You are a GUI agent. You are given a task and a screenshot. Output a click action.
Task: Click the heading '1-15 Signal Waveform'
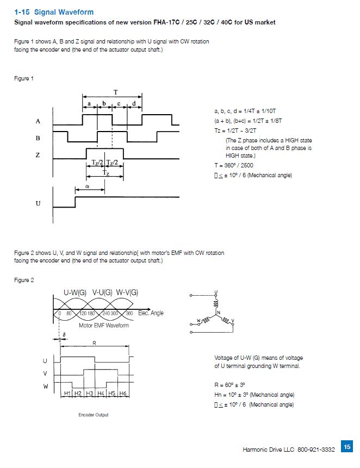point(54,12)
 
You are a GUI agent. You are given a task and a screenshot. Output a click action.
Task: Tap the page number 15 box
point(346,446)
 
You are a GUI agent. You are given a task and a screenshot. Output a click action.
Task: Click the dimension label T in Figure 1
point(115,91)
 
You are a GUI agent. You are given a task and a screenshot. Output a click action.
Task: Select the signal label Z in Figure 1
point(38,155)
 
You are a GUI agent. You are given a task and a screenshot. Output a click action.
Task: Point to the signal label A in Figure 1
point(38,121)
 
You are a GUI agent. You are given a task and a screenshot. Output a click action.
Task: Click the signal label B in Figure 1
point(38,138)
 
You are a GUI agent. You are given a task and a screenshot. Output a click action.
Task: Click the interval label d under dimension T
point(134,103)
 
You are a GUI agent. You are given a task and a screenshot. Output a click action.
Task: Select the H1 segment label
point(67,393)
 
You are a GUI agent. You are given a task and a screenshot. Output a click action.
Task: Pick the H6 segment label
point(123,393)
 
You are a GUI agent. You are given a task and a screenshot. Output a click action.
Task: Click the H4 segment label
point(101,393)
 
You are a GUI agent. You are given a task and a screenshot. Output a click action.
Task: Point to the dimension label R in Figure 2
point(94,343)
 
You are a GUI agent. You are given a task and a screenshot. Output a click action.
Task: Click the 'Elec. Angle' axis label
point(151,313)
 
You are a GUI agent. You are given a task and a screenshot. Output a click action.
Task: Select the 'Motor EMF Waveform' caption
point(104,326)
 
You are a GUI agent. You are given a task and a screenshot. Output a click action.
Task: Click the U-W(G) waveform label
point(75,292)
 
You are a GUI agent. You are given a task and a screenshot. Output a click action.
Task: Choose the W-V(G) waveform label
point(127,292)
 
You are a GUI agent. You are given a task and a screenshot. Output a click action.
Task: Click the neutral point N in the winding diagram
point(219,313)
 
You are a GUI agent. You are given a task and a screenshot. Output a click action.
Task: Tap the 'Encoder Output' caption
point(94,415)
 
